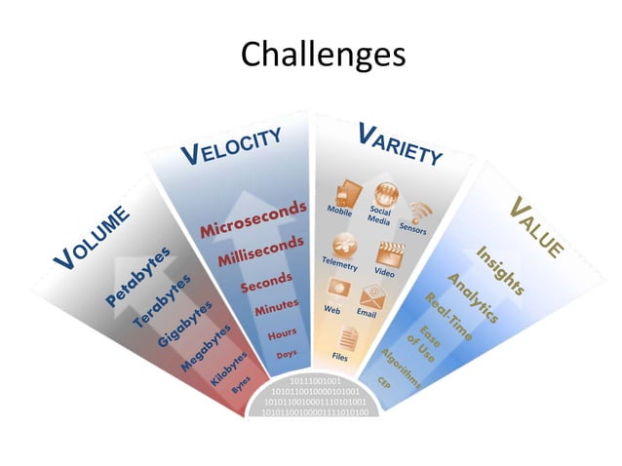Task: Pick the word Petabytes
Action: click(137, 278)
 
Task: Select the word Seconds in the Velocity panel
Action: click(266, 283)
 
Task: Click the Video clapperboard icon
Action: click(391, 252)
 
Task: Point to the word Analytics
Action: click(473, 298)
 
